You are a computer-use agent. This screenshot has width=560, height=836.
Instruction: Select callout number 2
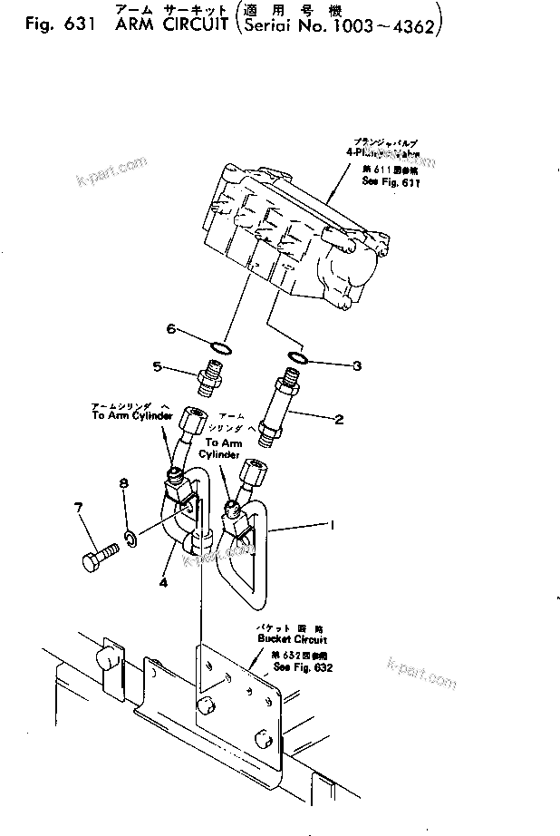click(x=338, y=420)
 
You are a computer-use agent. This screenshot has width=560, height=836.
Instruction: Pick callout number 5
click(x=158, y=367)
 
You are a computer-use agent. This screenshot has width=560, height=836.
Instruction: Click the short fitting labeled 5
click(x=206, y=373)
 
